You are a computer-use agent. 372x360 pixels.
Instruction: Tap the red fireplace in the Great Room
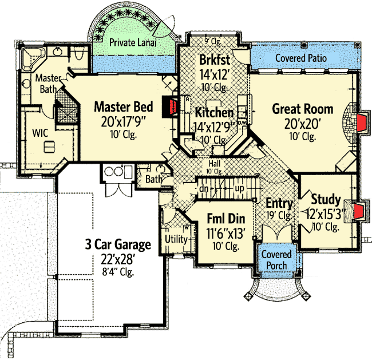click(x=360, y=122)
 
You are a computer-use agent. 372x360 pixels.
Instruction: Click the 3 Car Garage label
click(x=118, y=245)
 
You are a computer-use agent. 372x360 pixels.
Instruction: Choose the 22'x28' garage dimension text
click(x=118, y=259)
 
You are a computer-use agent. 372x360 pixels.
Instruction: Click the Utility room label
click(x=176, y=239)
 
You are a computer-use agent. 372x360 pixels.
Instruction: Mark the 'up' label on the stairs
click(x=240, y=188)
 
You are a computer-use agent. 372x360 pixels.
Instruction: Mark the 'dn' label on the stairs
click(x=204, y=188)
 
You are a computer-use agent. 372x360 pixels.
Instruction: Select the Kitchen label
click(x=214, y=113)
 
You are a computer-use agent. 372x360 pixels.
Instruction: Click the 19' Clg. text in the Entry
click(x=279, y=216)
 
